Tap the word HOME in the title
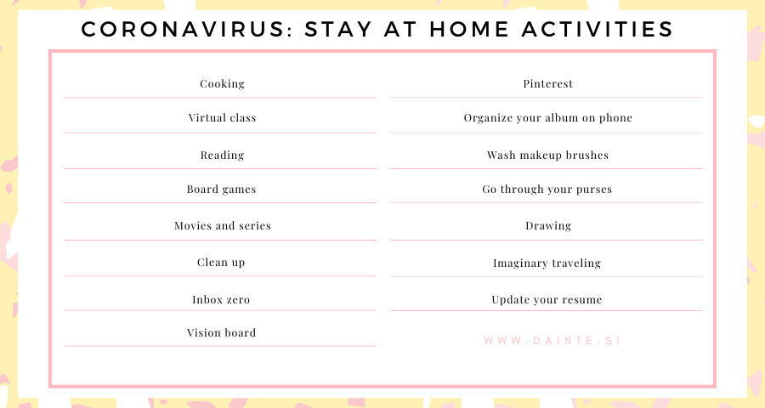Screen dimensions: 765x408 point(469,29)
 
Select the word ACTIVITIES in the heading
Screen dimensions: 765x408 point(598,29)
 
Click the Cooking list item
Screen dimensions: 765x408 point(222,84)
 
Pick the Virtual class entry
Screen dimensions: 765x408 point(222,117)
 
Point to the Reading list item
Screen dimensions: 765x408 point(222,156)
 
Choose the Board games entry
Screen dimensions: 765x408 point(222,190)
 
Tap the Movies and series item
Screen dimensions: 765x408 point(223,225)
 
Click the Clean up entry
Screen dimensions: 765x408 point(221,263)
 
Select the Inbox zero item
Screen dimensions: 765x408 point(221,300)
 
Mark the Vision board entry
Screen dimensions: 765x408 point(222,333)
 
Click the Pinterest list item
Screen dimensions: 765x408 point(548,83)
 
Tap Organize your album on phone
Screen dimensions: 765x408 point(548,118)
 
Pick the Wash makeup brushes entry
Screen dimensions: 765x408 point(548,156)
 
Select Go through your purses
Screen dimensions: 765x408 point(547,190)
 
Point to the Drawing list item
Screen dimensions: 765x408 point(548,226)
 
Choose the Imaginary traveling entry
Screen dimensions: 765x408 point(547,263)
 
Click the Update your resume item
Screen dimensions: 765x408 point(547,300)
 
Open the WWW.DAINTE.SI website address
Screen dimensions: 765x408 point(552,341)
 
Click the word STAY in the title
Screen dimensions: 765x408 point(338,29)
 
